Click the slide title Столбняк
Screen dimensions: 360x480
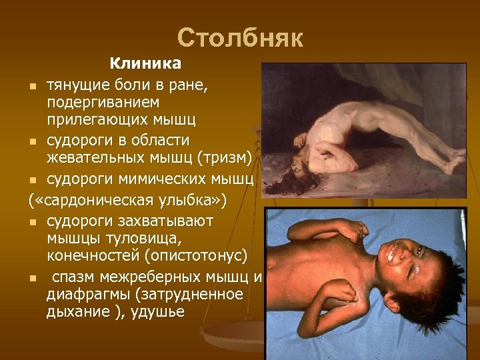[240, 38]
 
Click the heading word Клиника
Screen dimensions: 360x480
[145, 64]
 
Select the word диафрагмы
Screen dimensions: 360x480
[81, 294]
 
